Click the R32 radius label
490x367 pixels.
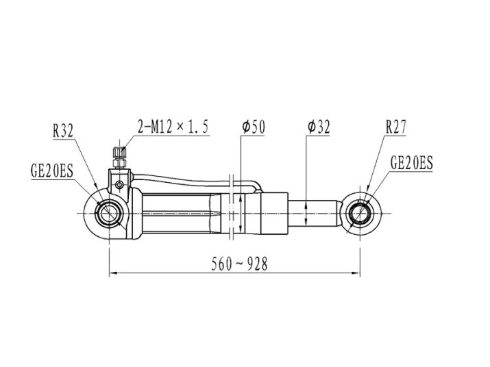click(x=63, y=131)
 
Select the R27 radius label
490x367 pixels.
click(x=395, y=127)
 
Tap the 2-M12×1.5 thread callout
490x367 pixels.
click(x=173, y=127)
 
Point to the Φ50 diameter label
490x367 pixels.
click(x=253, y=127)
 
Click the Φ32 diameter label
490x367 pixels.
click(x=319, y=127)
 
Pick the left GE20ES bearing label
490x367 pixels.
click(x=52, y=171)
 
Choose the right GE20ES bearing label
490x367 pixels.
click(x=412, y=163)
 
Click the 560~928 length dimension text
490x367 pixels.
click(x=239, y=264)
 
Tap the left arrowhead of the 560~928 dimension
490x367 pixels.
click(x=113, y=273)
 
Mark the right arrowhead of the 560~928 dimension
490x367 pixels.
click(x=356, y=273)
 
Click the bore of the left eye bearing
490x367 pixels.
click(x=109, y=214)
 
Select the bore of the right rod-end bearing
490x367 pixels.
click(x=360, y=214)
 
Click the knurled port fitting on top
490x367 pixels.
click(x=119, y=153)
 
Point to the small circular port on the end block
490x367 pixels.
click(x=119, y=185)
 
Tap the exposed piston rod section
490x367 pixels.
click(x=313, y=214)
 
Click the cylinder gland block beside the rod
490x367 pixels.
click(x=274, y=214)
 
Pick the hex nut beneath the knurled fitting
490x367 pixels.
click(x=119, y=164)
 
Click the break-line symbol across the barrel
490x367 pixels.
click(x=232, y=207)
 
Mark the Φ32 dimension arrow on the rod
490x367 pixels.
click(x=306, y=214)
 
